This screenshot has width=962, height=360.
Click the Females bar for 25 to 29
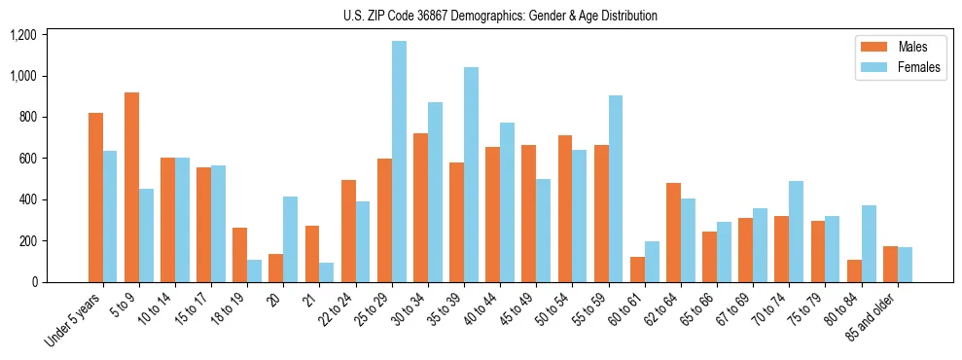(x=399, y=162)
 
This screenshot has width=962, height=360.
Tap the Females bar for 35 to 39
(x=472, y=174)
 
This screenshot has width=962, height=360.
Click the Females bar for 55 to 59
(x=616, y=189)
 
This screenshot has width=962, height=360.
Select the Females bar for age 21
(x=327, y=272)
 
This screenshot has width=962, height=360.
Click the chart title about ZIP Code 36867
(x=500, y=16)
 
